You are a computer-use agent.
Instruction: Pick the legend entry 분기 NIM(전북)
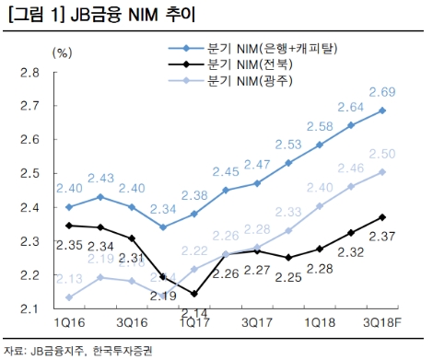pyautogui.click(x=250, y=65)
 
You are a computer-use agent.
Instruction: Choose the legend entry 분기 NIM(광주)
pyautogui.click(x=250, y=84)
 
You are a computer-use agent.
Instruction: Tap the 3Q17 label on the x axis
pyautogui.click(x=255, y=323)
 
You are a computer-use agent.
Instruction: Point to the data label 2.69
pyautogui.click(x=382, y=92)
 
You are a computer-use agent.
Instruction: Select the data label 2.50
pyautogui.click(x=382, y=153)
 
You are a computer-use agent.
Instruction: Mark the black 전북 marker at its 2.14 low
pyautogui.click(x=194, y=295)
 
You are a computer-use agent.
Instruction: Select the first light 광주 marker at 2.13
pyautogui.click(x=69, y=297)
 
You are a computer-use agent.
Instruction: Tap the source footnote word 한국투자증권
pyautogui.click(x=121, y=351)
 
